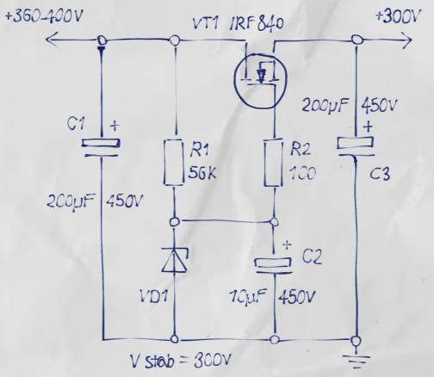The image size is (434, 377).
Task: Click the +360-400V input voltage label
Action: [x=44, y=16]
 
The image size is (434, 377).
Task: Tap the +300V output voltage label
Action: [x=399, y=15]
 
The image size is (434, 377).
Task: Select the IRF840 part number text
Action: [x=256, y=23]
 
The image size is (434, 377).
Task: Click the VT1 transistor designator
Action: [x=204, y=22]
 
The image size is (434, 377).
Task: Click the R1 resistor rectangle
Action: [x=173, y=162]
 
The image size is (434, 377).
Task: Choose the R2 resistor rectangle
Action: [x=273, y=163]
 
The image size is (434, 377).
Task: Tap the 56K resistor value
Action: [x=202, y=173]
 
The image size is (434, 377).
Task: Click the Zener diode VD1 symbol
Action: [x=175, y=260]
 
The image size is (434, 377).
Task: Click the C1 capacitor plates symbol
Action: [x=101, y=147]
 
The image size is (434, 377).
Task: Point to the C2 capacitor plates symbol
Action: [x=274, y=265]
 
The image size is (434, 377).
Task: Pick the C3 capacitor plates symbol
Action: [x=356, y=146]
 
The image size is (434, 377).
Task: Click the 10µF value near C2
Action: [x=248, y=296]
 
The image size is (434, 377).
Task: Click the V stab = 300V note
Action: [x=180, y=361]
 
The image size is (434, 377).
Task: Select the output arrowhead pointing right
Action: [x=407, y=40]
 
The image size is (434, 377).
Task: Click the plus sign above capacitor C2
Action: [x=287, y=244]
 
